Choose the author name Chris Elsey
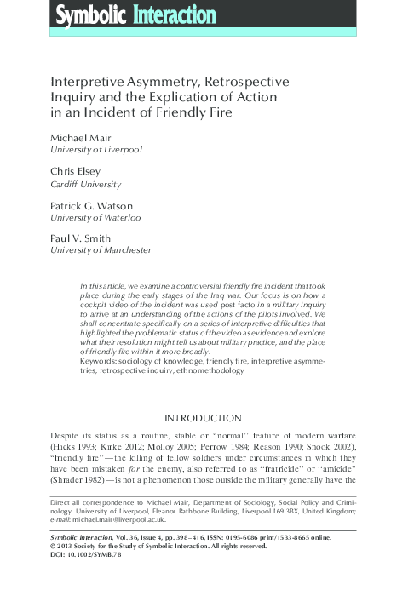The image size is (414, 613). point(78,171)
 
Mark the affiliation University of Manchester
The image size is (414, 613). point(101,250)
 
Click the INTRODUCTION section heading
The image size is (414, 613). point(206,418)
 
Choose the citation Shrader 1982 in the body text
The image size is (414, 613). point(84,490)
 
